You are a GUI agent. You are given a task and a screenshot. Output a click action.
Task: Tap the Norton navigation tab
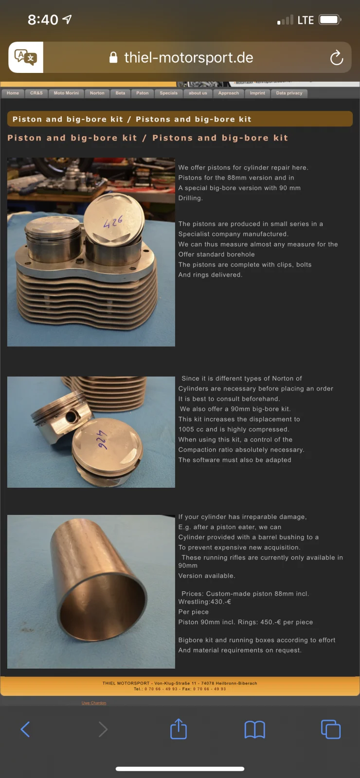(x=97, y=93)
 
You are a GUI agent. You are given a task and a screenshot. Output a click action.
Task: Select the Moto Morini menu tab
(x=66, y=93)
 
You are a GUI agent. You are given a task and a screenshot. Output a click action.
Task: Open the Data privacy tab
(x=289, y=93)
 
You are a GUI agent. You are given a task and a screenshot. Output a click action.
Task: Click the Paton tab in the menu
(x=142, y=93)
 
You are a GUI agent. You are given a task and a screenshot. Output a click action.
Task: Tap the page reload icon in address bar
(x=336, y=58)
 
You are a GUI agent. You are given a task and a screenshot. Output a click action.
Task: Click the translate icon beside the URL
(x=26, y=57)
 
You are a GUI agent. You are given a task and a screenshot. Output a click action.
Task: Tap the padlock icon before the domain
(x=113, y=58)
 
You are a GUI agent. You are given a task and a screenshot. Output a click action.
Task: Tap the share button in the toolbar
(x=179, y=729)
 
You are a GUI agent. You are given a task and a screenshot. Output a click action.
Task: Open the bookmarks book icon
(x=255, y=729)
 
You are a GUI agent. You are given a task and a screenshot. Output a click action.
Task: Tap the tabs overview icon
(x=331, y=729)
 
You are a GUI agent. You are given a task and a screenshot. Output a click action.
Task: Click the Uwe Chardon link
(x=94, y=703)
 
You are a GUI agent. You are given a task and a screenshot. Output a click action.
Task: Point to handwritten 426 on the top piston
(x=113, y=222)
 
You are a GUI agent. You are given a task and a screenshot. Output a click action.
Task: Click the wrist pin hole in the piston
(x=72, y=416)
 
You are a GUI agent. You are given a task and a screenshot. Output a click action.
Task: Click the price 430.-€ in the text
(x=221, y=601)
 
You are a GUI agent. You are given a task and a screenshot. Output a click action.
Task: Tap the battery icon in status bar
(x=330, y=20)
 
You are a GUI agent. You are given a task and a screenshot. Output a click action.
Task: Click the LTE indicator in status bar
(x=306, y=20)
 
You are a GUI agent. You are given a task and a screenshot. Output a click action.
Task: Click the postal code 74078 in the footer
(x=207, y=683)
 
